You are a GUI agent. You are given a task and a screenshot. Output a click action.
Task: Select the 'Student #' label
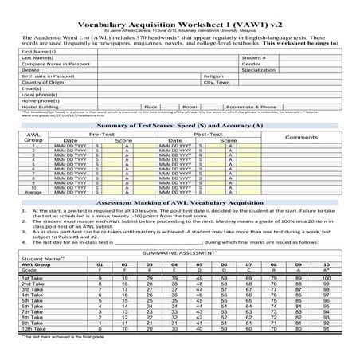click(x=255, y=57)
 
